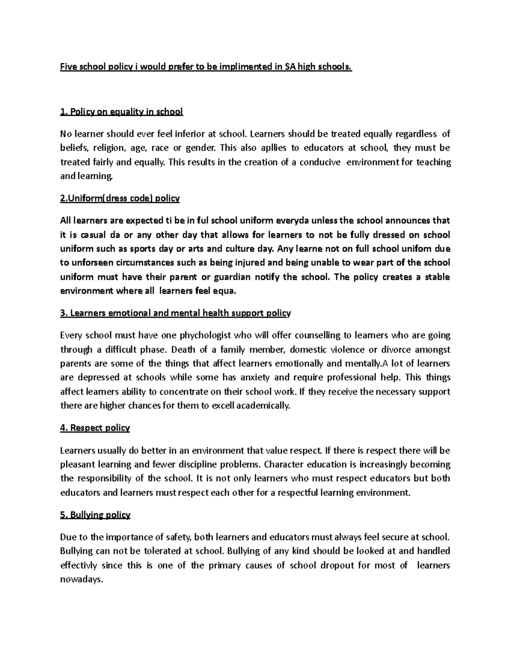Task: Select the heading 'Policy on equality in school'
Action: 121,112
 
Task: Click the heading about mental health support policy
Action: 175,313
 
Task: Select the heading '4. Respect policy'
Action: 95,428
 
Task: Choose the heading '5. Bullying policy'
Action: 95,515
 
